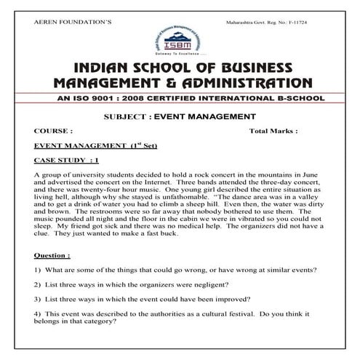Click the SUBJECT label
129,116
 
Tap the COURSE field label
53,132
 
